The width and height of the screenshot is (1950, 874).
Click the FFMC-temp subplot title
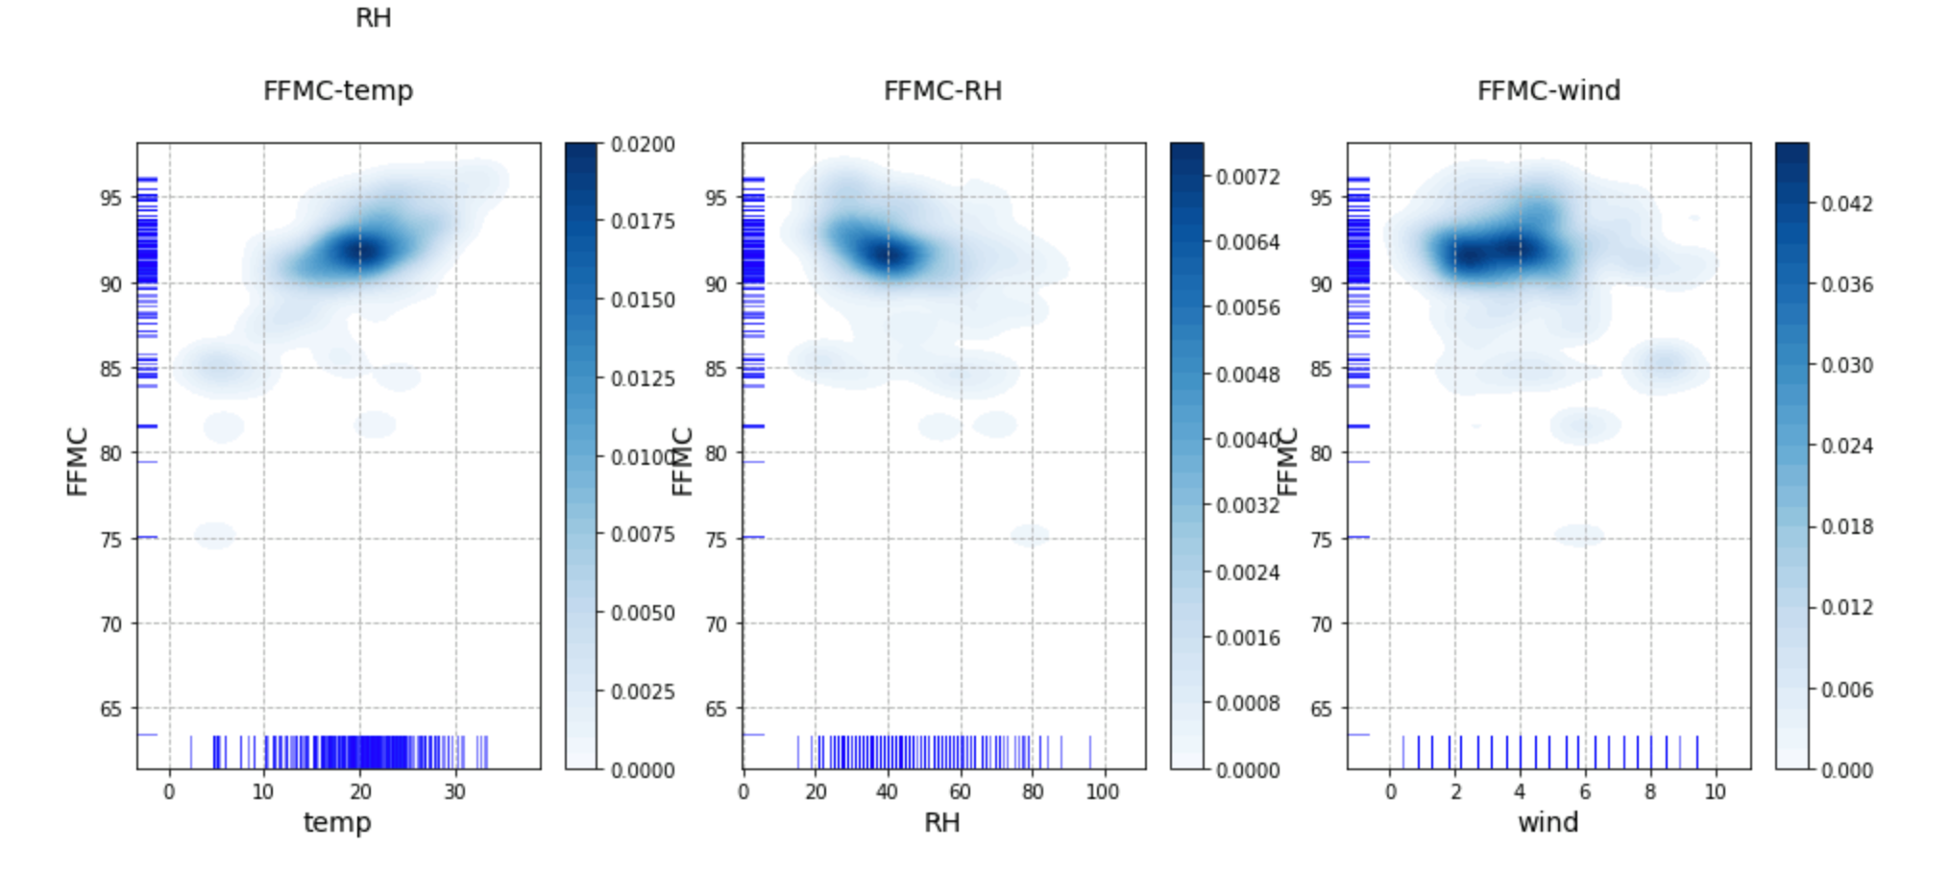(x=338, y=90)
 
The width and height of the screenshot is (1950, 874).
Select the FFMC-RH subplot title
(x=942, y=90)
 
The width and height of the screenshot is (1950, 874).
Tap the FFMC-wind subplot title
(x=1548, y=90)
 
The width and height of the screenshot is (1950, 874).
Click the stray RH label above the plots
(x=373, y=18)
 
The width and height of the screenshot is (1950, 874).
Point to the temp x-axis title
(x=337, y=822)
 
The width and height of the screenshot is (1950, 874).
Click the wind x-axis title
(x=1548, y=822)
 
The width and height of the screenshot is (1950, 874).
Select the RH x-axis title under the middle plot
(x=941, y=822)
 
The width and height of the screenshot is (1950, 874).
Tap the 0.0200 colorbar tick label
(x=643, y=144)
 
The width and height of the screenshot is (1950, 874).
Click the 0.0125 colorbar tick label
(x=643, y=378)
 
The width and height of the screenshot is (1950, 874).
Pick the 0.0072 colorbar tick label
(x=1248, y=177)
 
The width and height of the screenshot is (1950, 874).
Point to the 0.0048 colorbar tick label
(x=1248, y=375)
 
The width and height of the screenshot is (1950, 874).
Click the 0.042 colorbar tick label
(x=1846, y=204)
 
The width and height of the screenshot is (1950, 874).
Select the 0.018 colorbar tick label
(x=1846, y=526)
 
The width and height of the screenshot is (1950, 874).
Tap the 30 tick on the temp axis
(x=454, y=791)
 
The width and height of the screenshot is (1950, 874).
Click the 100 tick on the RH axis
(x=1102, y=791)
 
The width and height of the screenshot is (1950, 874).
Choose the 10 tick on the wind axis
(x=1715, y=791)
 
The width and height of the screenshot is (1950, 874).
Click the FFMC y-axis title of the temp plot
(x=78, y=462)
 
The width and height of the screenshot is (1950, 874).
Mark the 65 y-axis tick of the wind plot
(x=1321, y=709)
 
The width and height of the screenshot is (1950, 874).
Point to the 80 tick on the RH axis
(x=1033, y=791)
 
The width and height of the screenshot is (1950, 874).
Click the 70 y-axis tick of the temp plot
(x=110, y=624)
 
